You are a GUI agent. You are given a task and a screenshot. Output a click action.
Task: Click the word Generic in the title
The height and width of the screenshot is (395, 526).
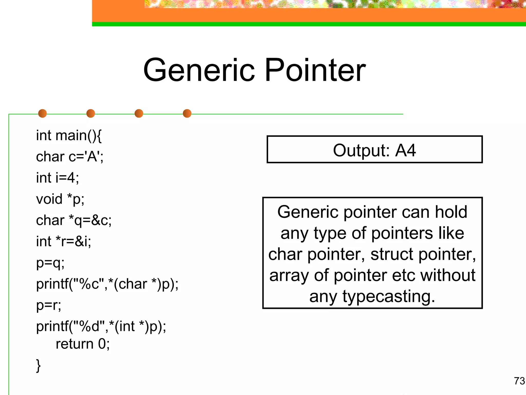point(199,70)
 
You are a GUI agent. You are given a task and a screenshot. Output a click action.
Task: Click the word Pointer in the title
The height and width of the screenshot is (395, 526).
point(315,70)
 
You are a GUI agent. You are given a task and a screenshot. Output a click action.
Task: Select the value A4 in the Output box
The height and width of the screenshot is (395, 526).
point(405,150)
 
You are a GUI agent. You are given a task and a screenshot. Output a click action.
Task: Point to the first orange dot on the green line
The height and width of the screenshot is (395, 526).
point(42,113)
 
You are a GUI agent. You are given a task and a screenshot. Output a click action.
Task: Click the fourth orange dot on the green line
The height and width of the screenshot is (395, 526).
point(187,113)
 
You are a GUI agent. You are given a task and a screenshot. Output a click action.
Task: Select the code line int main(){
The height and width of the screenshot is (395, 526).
point(69,136)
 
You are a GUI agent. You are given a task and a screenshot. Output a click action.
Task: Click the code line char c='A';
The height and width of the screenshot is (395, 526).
point(70,157)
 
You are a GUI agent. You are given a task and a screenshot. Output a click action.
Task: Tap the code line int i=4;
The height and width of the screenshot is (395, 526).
point(58,178)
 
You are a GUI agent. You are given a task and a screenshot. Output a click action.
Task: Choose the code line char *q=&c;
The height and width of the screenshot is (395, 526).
point(74,220)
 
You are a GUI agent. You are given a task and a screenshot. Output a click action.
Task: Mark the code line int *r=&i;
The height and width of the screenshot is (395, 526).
point(63,241)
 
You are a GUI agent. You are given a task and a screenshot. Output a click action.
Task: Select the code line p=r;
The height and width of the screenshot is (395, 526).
point(49,305)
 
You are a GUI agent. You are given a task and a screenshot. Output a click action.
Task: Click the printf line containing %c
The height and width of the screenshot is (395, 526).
point(107,284)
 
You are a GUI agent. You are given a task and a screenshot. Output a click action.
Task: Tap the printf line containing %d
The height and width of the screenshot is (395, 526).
point(101,327)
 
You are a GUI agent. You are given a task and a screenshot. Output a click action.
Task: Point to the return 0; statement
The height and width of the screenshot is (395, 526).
point(83,344)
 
